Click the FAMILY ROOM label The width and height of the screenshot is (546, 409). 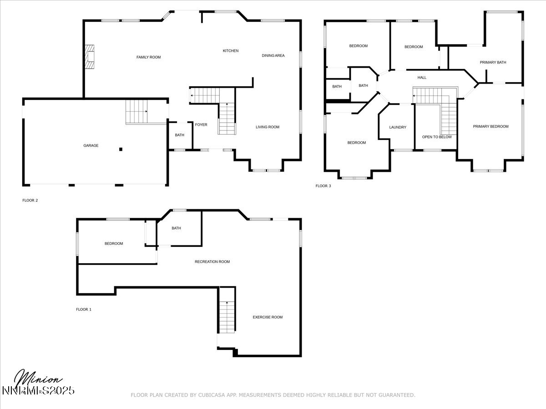tap(148, 57)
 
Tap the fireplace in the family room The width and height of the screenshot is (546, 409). tap(91, 57)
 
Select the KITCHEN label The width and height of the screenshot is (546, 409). tap(230, 51)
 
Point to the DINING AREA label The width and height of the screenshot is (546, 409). tap(273, 55)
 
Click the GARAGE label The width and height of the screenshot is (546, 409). tap(91, 146)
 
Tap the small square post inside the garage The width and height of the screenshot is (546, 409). tap(121, 149)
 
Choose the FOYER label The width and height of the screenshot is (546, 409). tap(201, 125)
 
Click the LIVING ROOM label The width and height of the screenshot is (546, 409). tap(267, 127)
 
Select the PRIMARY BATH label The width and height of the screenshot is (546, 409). tap(493, 62)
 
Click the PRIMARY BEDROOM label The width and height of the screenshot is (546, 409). tap(490, 126)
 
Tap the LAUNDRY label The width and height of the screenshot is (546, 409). tap(398, 127)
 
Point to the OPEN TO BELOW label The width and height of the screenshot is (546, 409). tap(437, 137)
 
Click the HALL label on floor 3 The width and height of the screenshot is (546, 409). tap(422, 78)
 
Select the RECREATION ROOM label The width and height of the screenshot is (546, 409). tap(212, 262)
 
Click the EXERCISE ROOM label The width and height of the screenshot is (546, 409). tap(268, 317)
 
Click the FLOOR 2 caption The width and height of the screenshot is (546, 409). tap(30, 200)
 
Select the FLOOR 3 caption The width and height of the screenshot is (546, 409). tap(323, 186)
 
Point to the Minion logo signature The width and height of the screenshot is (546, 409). tap(39, 381)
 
